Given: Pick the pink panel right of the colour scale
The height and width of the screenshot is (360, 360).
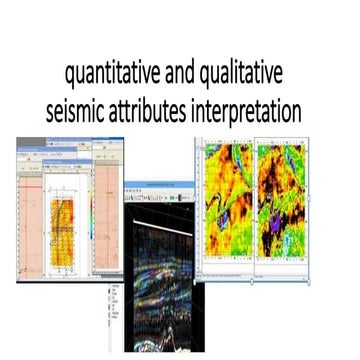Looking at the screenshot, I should pyautogui.click(x=104, y=215).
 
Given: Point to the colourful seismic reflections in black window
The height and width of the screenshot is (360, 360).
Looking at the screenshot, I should pyautogui.click(x=165, y=290).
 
